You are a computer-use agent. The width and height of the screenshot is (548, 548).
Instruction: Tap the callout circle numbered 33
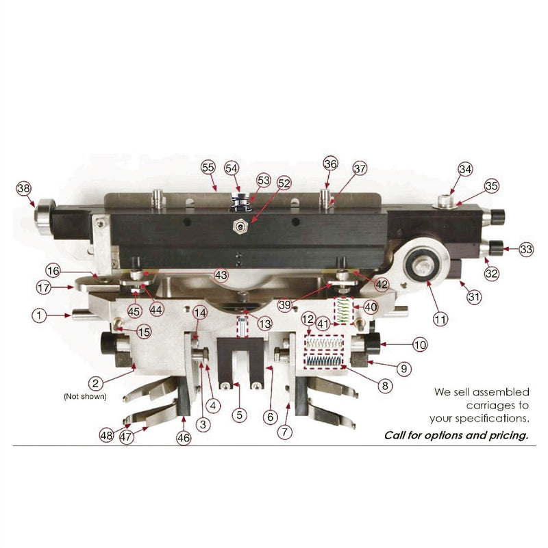coord(526,250)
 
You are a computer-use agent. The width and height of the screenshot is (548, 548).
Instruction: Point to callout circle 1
coord(40,315)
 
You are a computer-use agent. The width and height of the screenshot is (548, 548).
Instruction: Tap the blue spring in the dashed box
coord(325,361)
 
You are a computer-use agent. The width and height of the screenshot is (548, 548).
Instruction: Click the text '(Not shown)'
coord(86,396)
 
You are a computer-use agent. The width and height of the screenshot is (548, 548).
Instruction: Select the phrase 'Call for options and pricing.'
coord(456,435)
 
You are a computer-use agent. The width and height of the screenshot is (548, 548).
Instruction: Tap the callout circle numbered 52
coord(284,183)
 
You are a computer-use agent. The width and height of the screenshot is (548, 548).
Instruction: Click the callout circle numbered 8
coord(385,386)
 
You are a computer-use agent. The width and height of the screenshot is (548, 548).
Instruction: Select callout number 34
coord(465,169)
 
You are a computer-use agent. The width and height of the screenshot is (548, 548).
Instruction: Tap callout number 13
coord(264,323)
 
